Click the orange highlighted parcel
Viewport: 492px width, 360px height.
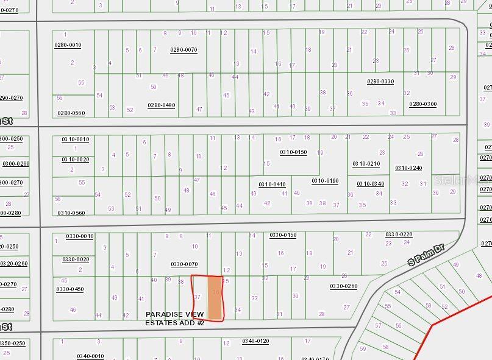point(215,298)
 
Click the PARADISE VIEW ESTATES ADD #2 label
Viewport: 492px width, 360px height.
point(174,318)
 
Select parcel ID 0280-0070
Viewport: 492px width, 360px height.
point(184,50)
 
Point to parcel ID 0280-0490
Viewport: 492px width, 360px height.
point(162,105)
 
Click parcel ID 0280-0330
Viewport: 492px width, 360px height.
point(380,82)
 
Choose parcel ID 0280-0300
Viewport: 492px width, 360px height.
point(423,104)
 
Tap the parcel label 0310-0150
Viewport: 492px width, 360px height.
point(293,152)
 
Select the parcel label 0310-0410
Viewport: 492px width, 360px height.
point(272,184)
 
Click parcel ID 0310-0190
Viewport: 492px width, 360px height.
point(325,181)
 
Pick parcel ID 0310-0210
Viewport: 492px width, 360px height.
point(366,164)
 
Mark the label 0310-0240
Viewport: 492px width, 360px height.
point(408,168)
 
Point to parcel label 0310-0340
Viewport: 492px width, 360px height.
point(370,184)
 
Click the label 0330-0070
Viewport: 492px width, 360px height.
point(184,264)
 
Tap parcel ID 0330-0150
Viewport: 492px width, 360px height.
point(283,235)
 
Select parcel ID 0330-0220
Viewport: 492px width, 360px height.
point(399,235)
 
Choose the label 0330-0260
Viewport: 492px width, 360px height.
point(344,286)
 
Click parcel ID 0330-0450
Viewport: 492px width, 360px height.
point(70,289)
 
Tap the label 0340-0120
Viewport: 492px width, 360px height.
point(255,341)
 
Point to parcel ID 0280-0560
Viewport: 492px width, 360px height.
point(71,113)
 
